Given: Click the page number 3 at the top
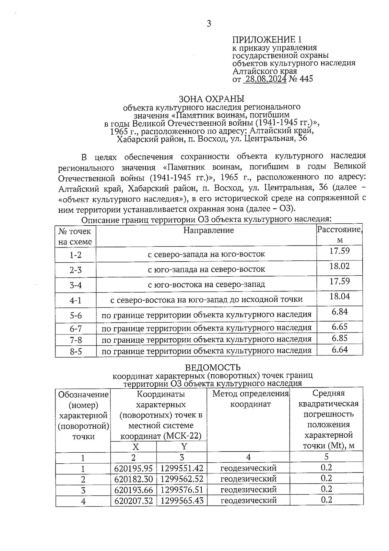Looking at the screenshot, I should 209,24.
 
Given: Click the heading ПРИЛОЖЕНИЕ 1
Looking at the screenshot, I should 267,40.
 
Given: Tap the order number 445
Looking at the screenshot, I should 306,79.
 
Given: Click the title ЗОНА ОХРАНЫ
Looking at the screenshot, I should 211,99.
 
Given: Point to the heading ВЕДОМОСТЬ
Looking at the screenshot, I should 213,368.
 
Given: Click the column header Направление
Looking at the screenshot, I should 208,231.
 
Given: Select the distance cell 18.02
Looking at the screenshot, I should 339,266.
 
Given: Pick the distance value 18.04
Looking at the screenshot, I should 339,296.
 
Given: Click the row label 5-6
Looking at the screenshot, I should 76,315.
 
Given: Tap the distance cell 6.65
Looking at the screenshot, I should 339,327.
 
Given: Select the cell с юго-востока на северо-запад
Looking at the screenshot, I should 206,285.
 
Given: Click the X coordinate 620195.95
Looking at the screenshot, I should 133,469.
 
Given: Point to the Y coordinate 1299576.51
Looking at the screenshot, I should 182,490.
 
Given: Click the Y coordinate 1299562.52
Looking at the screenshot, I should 182,479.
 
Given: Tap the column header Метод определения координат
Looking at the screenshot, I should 250,399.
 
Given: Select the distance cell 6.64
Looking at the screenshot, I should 339,350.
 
